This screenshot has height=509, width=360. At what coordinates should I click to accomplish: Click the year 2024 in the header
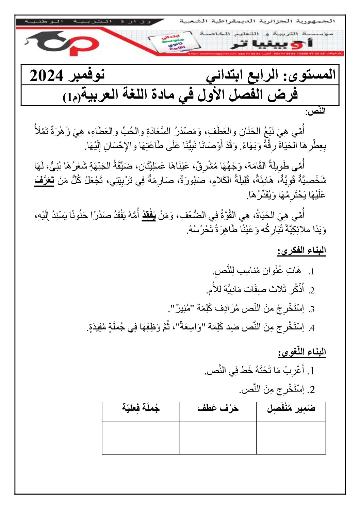47,75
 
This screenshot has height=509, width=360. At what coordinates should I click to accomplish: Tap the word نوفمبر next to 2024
87,74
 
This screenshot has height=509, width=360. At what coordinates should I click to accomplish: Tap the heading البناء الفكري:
301,251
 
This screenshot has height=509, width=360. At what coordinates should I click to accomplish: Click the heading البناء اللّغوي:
302,352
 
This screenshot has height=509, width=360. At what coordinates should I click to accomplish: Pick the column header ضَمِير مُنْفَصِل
291,408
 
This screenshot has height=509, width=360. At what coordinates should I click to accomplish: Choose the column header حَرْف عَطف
218,408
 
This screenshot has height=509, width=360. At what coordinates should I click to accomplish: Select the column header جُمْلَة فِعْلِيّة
141,408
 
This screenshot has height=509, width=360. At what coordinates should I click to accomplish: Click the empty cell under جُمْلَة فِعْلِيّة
141,438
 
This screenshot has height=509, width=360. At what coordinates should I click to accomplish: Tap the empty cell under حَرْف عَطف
218,438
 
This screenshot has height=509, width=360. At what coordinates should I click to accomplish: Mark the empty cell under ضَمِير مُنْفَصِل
291,438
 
